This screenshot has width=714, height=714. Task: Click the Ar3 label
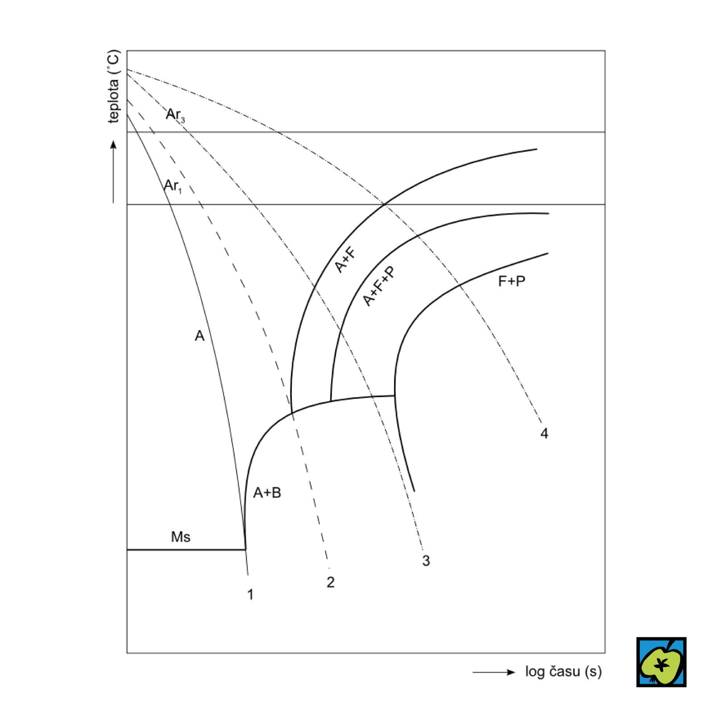[x=175, y=115]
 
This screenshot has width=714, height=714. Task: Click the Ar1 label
[x=173, y=186]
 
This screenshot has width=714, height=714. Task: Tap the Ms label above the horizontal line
[x=180, y=537]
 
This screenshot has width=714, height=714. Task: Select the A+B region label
[x=267, y=493]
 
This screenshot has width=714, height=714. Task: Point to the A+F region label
[x=346, y=260]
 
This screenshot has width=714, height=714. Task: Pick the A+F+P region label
[x=379, y=286]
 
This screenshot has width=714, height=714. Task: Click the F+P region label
[x=511, y=281]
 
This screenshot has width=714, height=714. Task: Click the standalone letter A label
[x=199, y=336]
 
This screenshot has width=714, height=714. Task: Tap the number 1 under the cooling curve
[x=250, y=594]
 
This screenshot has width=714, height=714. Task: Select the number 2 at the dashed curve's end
[x=330, y=582]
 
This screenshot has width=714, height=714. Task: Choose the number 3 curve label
[x=426, y=560]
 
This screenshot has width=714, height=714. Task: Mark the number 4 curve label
[x=544, y=433]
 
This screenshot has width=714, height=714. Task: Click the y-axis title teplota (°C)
[x=114, y=87]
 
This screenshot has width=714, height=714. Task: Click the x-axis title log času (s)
[x=563, y=672]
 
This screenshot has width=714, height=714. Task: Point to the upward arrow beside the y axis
[x=113, y=172]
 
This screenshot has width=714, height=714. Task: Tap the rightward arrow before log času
[x=494, y=672]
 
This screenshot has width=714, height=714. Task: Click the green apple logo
[x=661, y=662]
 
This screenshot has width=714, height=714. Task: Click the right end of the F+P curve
[x=547, y=254]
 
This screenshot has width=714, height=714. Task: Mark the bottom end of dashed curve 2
[x=329, y=568]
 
